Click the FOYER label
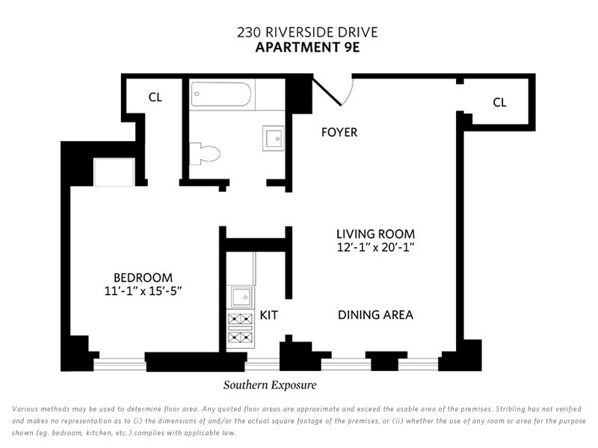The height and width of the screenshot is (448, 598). [x=339, y=132]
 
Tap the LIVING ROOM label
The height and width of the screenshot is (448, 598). [x=376, y=234]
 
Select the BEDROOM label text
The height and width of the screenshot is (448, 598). [x=143, y=277]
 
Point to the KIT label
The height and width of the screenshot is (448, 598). [x=269, y=315]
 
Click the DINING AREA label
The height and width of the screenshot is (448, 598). [x=376, y=314]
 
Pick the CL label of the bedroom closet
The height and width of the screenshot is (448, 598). [x=155, y=97]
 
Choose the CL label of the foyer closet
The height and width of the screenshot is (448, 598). [x=499, y=102]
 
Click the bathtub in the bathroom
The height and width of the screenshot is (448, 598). [x=221, y=94]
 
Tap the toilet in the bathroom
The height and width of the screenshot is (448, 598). [x=205, y=154]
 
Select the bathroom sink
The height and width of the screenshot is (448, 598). [x=273, y=138]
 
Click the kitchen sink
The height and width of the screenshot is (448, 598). [x=241, y=296]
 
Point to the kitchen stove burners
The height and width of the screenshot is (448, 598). [x=240, y=328]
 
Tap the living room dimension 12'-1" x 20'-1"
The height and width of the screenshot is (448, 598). [x=376, y=247]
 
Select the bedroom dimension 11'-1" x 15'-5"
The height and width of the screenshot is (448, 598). [x=143, y=291]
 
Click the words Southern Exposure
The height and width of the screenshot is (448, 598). [x=270, y=385]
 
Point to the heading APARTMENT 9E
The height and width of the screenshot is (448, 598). [x=307, y=48]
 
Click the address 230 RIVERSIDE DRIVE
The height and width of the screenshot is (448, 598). [x=307, y=32]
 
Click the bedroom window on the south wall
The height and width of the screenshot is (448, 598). [x=120, y=364]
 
